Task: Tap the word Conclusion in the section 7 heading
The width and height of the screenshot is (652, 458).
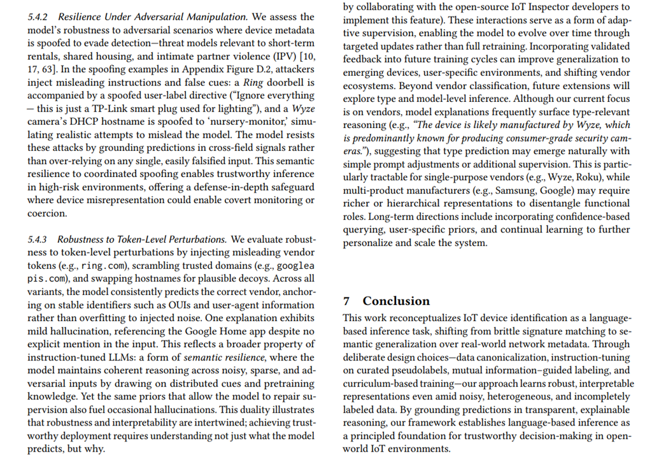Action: pyautogui.click(x=396, y=301)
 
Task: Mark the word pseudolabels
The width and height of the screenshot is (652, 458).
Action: pyautogui.click(x=422, y=370)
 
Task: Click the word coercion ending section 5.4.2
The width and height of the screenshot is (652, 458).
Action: pyautogui.click(x=42, y=213)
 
